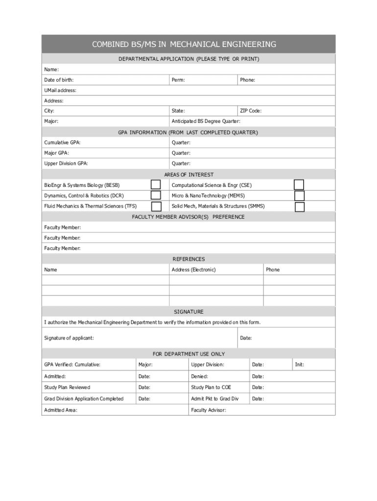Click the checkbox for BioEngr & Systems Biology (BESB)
coord(156,185)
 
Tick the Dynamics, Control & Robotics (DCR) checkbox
coord(156,196)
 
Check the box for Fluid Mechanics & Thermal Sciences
coord(156,206)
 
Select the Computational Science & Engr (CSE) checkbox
coord(299,185)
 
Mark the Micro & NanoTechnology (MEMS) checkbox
coord(299,196)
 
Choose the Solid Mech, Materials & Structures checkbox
coord(300,206)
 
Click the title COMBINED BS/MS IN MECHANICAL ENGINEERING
coord(184,45)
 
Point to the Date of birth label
coord(59,80)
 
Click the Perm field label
coord(178,80)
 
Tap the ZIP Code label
coord(251,111)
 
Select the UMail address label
coord(60,91)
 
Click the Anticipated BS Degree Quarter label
coord(206,121)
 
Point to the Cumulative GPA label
coord(62,143)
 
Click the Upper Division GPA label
coord(66,164)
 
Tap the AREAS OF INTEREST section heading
coord(188,175)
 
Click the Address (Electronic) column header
coord(193,270)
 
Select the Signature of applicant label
coord(69,338)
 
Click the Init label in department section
coord(299,365)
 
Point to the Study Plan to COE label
coord(211,387)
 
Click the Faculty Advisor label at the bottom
coord(209,410)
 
